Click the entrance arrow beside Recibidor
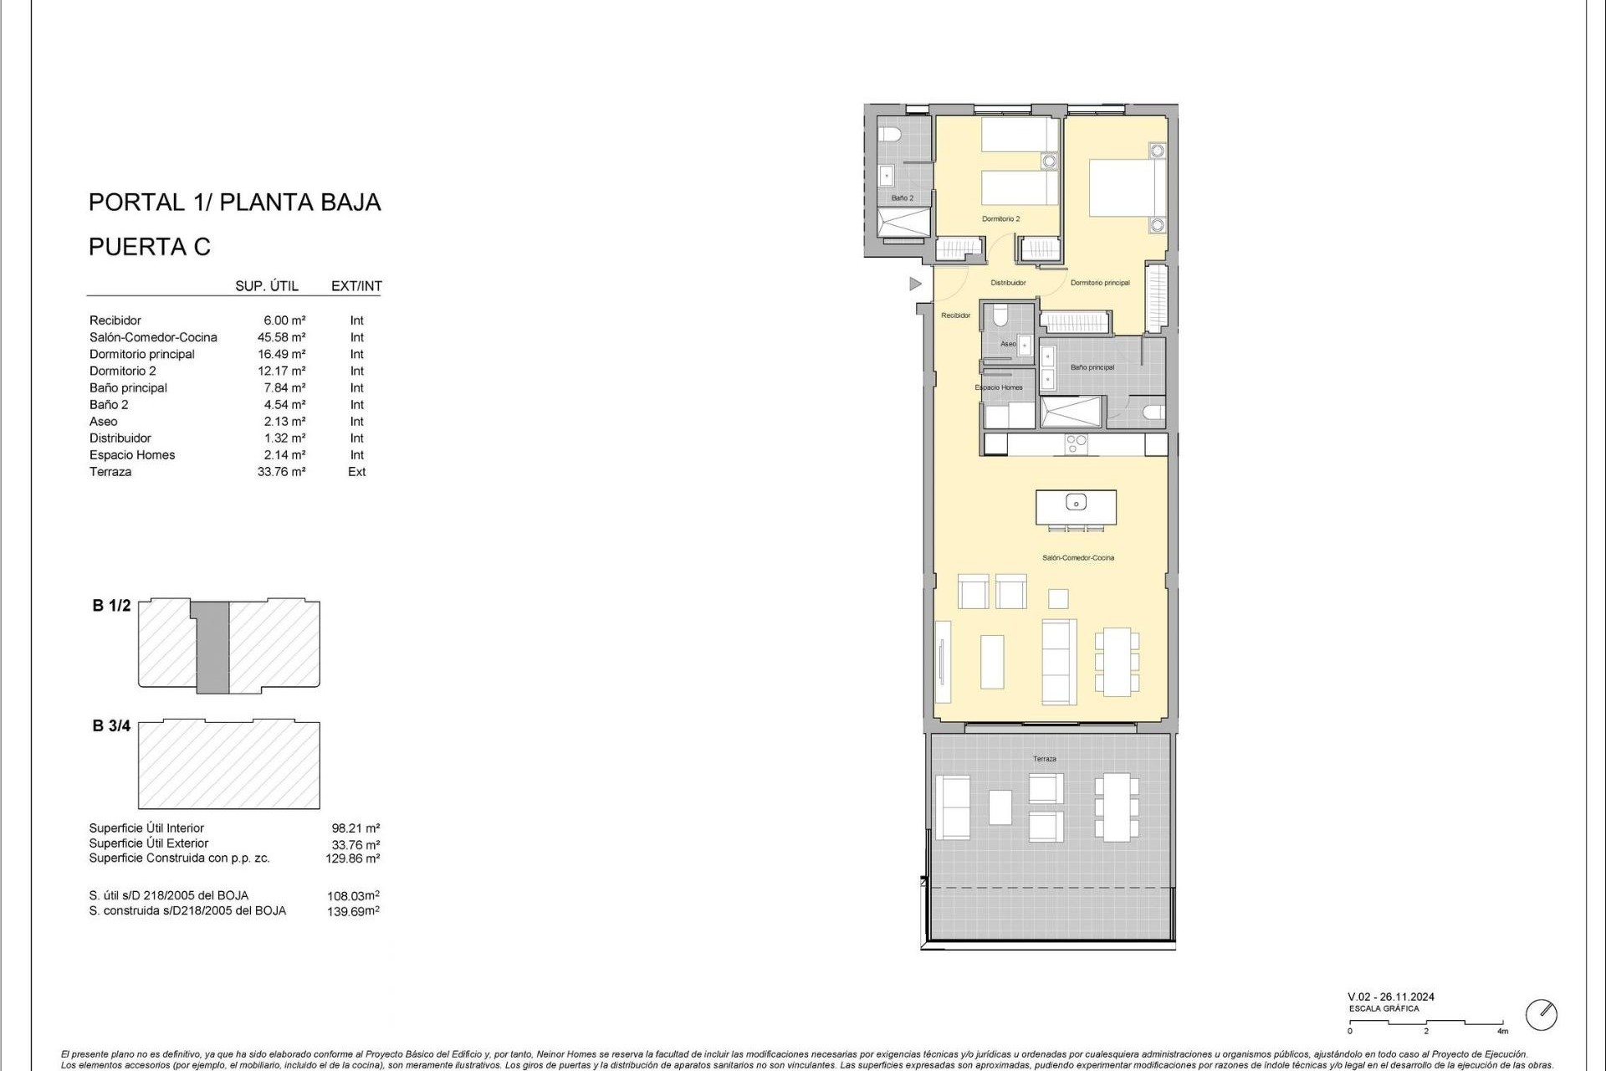coord(915,284)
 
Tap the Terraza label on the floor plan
coord(1044,759)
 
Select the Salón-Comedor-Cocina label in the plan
coord(1077,557)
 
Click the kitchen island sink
coord(1076,502)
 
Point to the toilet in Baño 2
coord(887,134)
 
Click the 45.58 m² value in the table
coord(281,337)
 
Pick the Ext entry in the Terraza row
coord(357,472)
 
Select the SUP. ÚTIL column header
coord(267,286)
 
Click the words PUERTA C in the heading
coord(150,247)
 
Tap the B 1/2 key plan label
coord(111,606)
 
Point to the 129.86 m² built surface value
coord(352,858)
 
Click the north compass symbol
coord(1542,1015)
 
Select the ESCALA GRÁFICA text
coord(1384,1009)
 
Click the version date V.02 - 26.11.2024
coord(1390,997)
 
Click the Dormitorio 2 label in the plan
coord(1000,219)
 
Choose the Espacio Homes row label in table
coord(132,455)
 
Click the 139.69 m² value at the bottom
coord(352,911)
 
